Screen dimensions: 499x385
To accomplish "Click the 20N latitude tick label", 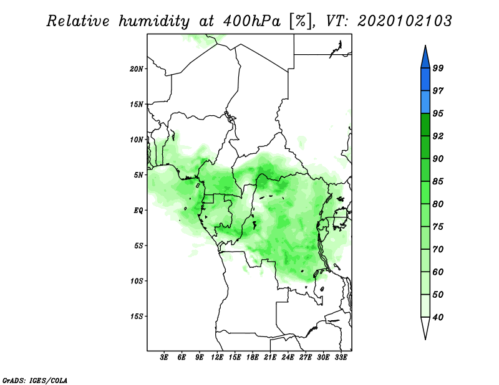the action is point(137,69).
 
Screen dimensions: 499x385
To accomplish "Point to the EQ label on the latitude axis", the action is point(138,211).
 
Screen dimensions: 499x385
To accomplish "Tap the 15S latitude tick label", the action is point(137,316).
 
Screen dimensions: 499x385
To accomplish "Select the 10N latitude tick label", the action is point(137,140).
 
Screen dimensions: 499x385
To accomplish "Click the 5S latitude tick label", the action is point(138,245).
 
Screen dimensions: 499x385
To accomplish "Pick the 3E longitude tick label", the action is point(164,358).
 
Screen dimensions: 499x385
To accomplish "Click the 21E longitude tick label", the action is point(270,358).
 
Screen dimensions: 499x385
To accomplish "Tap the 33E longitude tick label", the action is point(341,358).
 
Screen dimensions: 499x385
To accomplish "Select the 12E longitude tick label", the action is point(217,358).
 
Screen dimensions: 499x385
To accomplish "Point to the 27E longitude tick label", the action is point(306,358).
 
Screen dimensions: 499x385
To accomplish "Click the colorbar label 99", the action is point(438,68).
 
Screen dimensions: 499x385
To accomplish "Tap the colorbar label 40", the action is point(438,317).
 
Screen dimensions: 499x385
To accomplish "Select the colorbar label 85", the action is point(438,181).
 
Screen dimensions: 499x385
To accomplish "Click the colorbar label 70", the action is point(438,249).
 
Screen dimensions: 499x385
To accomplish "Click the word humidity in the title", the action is point(154,22).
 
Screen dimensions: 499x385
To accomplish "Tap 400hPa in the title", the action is point(252,21).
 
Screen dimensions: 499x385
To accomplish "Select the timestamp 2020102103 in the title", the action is point(404,21).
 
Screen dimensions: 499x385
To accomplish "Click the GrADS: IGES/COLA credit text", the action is point(35,381).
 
